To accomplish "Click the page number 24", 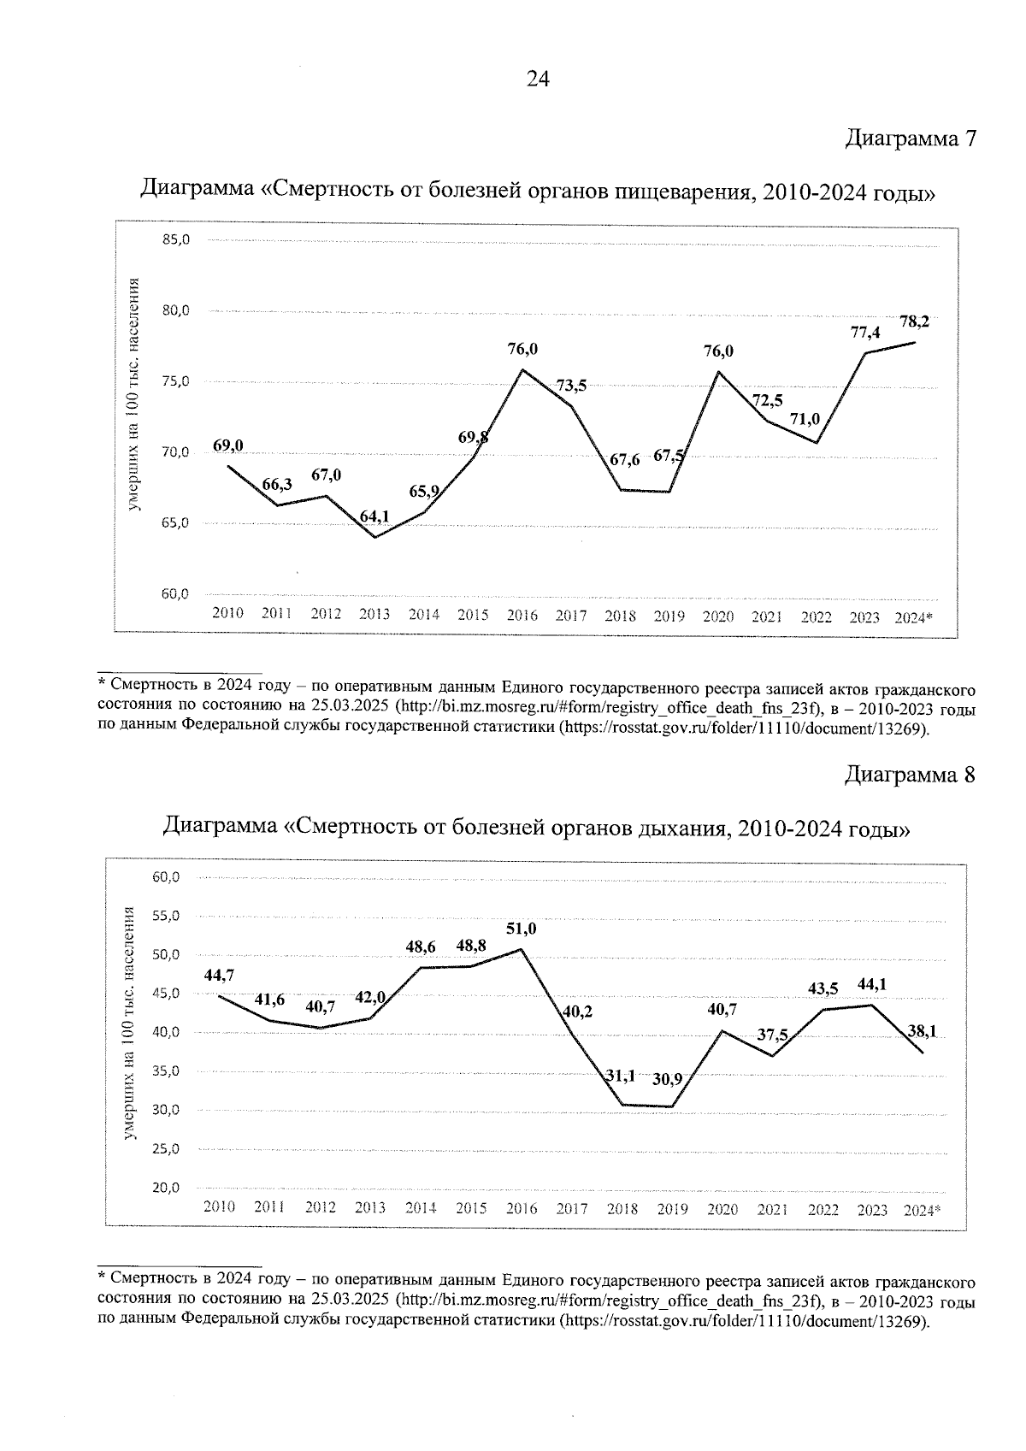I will pyautogui.click(x=538, y=80).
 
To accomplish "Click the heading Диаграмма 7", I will pyautogui.click(x=910, y=139).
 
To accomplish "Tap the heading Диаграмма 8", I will pyautogui.click(x=910, y=775).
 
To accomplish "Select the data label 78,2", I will pyautogui.click(x=914, y=321).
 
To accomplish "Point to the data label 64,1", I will pyautogui.click(x=374, y=516).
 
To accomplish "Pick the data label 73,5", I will pyautogui.click(x=571, y=386).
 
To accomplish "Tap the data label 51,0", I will pyautogui.click(x=522, y=929).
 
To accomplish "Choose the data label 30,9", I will pyautogui.click(x=667, y=1079).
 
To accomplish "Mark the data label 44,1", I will pyautogui.click(x=871, y=984).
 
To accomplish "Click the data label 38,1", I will pyautogui.click(x=922, y=1031).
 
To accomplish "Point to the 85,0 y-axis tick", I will pyautogui.click(x=175, y=239).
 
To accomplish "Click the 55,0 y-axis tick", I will pyautogui.click(x=165, y=916).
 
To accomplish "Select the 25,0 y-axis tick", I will pyautogui.click(x=165, y=1149).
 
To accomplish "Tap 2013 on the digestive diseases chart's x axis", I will pyautogui.click(x=374, y=614).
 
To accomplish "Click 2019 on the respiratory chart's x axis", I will pyautogui.click(x=672, y=1209).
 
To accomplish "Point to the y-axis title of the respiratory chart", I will pyautogui.click(x=129, y=1022).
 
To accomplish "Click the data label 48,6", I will pyautogui.click(x=421, y=947).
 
